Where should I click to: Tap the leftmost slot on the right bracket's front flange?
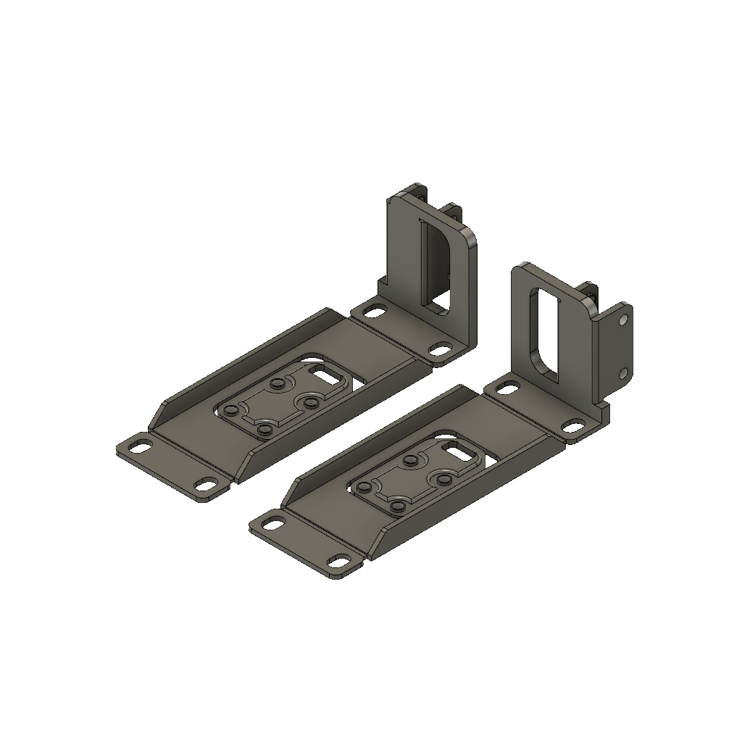(274, 522)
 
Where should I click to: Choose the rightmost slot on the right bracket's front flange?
(338, 560)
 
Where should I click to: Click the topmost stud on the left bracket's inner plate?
(277, 383)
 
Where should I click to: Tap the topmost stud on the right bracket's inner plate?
(410, 460)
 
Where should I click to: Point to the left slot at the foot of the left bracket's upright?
(375, 312)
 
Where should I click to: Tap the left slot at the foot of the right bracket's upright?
(508, 390)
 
